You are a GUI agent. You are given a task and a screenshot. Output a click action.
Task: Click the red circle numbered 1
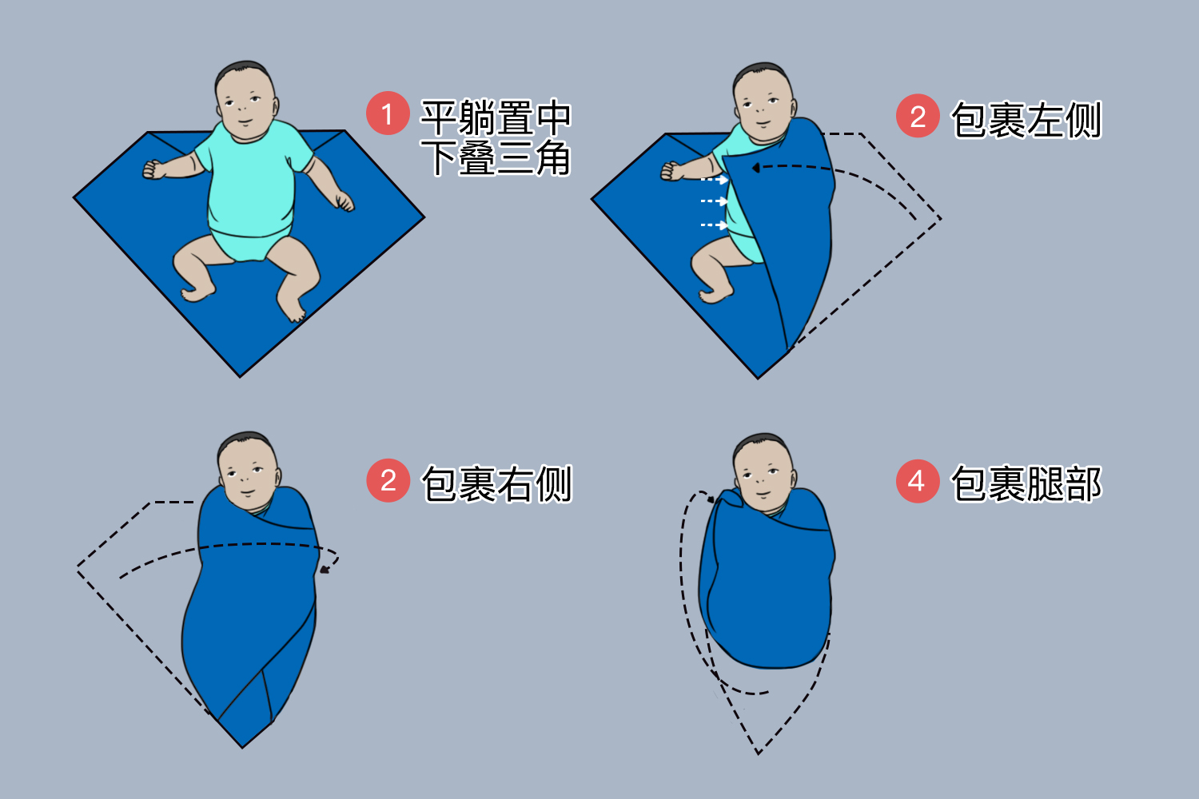(x=388, y=114)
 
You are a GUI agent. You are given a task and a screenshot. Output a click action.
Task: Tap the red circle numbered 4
(x=917, y=481)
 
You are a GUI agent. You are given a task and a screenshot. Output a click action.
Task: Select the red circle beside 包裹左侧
(x=917, y=117)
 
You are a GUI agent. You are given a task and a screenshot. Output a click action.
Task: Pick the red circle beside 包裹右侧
(x=388, y=481)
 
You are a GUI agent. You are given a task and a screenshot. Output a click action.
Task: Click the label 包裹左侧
(x=1026, y=120)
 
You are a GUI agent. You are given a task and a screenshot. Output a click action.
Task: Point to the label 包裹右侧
(x=496, y=484)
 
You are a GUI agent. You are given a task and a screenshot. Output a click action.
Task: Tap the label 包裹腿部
(x=1026, y=484)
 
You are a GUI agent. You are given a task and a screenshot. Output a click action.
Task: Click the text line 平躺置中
(x=496, y=117)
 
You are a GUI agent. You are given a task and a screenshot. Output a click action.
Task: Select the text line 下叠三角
(x=496, y=157)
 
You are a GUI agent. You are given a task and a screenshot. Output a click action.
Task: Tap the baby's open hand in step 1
(x=345, y=202)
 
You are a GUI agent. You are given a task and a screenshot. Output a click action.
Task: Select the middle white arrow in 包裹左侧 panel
(x=715, y=201)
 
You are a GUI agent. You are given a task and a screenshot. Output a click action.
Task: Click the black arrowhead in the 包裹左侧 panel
(x=755, y=168)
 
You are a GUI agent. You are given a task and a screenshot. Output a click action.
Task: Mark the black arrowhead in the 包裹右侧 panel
(x=325, y=569)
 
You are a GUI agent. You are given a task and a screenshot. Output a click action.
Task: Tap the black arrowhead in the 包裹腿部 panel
(x=711, y=499)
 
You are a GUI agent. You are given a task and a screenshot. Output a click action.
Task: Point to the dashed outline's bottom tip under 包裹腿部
(x=758, y=752)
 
